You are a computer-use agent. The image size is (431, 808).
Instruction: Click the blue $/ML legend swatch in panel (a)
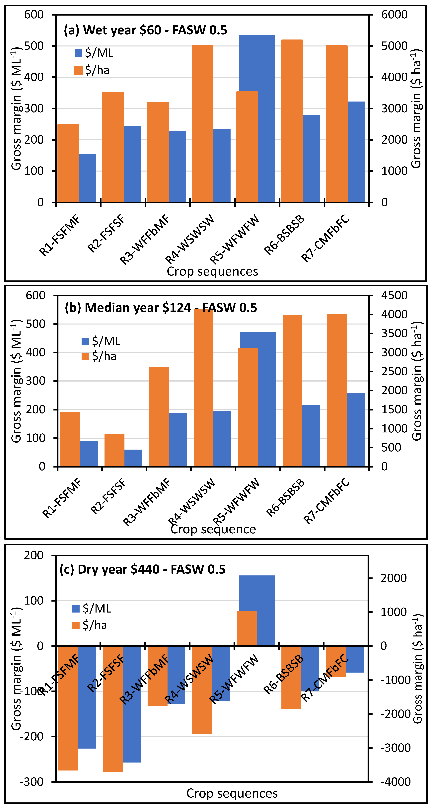pos(78,53)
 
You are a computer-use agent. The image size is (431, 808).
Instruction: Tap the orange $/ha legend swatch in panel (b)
pos(85,356)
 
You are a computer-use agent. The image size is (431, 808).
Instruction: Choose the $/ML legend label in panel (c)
pos(97,609)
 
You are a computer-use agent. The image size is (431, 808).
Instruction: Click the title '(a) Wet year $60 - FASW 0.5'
pos(145,30)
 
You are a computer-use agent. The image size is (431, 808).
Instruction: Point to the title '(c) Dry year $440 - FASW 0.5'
pos(142,569)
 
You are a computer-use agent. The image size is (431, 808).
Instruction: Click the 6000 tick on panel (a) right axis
pos(394,14)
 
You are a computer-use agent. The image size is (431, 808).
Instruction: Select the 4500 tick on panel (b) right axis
pos(394,295)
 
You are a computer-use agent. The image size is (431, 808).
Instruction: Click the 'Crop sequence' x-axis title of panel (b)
pos(213,529)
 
